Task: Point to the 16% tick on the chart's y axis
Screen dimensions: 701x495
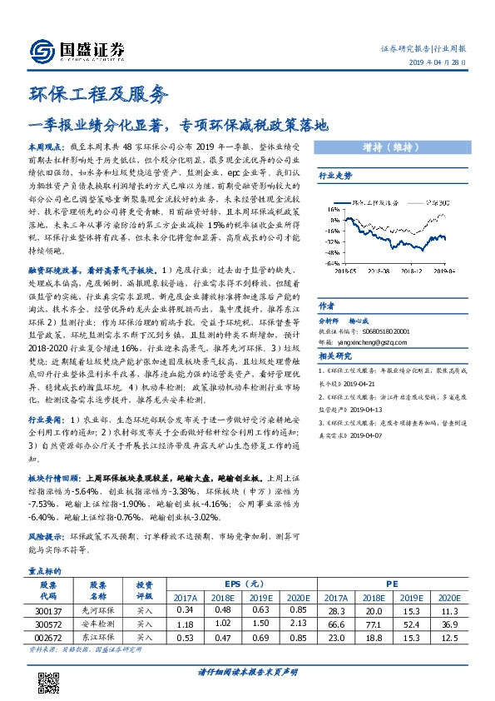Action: (x=330, y=210)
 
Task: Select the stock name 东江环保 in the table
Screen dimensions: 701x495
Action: (x=98, y=638)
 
